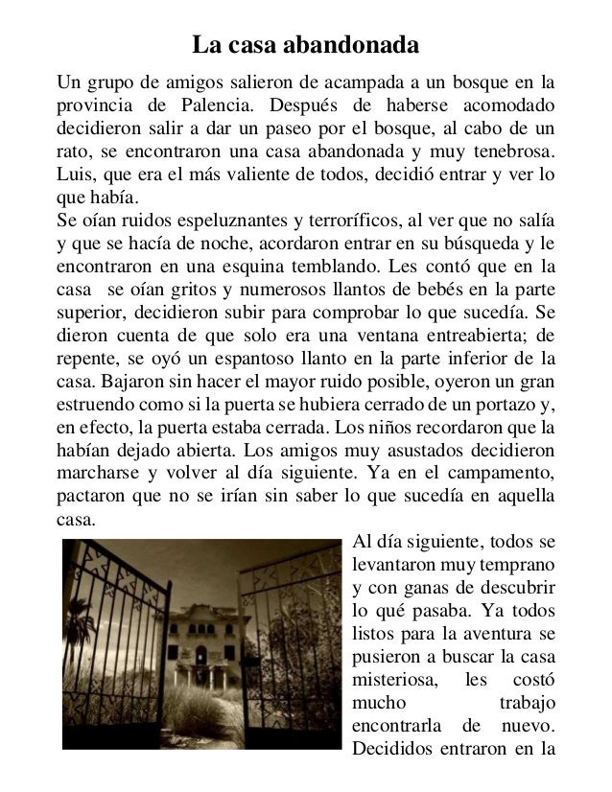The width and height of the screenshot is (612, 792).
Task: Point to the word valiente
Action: (x=277, y=175)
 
